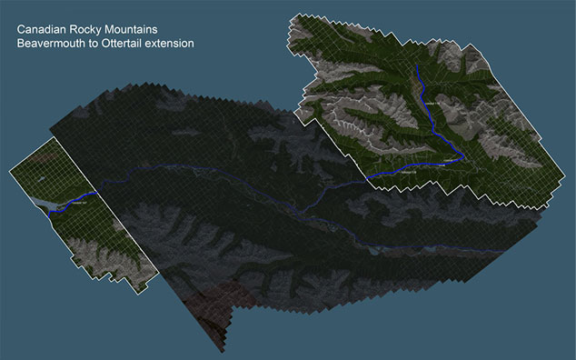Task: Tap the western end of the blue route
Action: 50,210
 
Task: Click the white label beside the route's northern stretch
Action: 428,107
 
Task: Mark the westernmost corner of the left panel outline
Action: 9,168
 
